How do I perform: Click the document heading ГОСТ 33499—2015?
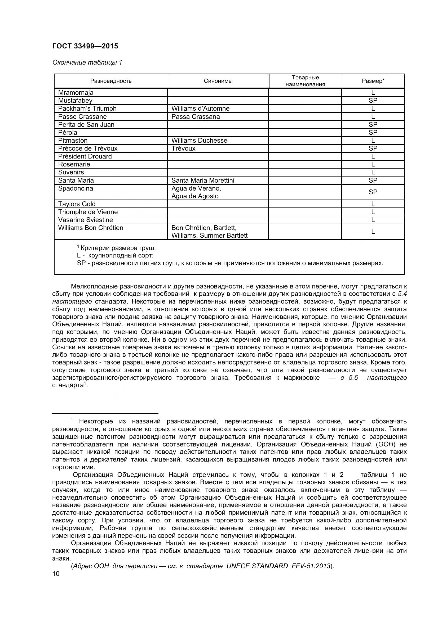point(85,46)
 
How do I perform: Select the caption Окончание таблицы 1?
point(87,62)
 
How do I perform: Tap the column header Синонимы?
point(218,81)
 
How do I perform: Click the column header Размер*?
point(373,81)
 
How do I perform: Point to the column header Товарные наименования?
point(305,81)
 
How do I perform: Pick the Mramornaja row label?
point(76,92)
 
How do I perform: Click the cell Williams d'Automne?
point(200,109)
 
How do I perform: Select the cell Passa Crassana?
point(195,116)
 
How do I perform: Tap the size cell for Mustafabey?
point(373,101)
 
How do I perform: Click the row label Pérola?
point(68,132)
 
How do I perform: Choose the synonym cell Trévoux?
point(183,148)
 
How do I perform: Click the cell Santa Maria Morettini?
point(203,180)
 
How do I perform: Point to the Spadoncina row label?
point(76,188)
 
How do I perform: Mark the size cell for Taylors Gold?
point(373,204)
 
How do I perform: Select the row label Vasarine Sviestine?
point(86,220)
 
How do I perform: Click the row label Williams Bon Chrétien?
point(91,228)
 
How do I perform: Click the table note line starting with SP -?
point(230,263)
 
